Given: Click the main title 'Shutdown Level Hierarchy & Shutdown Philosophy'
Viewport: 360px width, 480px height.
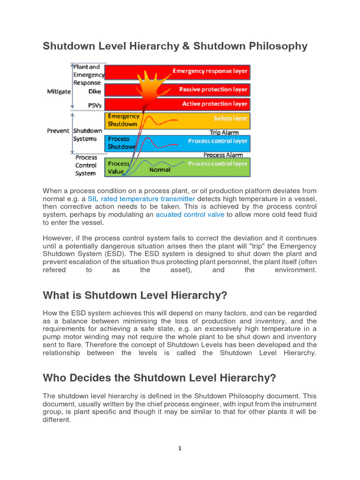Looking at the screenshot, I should coord(175,46).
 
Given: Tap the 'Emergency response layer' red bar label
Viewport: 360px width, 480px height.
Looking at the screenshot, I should coord(210,71).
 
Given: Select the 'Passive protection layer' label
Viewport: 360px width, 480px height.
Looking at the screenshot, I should coord(213,89).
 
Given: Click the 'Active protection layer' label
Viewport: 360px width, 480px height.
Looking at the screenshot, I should coord(214,104).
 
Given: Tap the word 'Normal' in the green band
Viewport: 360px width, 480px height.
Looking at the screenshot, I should coord(159,170).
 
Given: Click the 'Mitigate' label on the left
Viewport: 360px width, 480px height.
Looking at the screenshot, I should coord(59,92).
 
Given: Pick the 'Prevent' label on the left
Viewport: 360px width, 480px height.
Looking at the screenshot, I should coord(58,131).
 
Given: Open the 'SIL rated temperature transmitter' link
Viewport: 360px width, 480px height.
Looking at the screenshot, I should coord(141,199).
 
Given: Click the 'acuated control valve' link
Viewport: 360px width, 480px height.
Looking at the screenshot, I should coord(189,215).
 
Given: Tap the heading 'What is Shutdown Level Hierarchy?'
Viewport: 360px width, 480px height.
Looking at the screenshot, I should coord(135,296).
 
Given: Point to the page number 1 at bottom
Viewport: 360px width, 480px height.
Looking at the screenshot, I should coord(180,448).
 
